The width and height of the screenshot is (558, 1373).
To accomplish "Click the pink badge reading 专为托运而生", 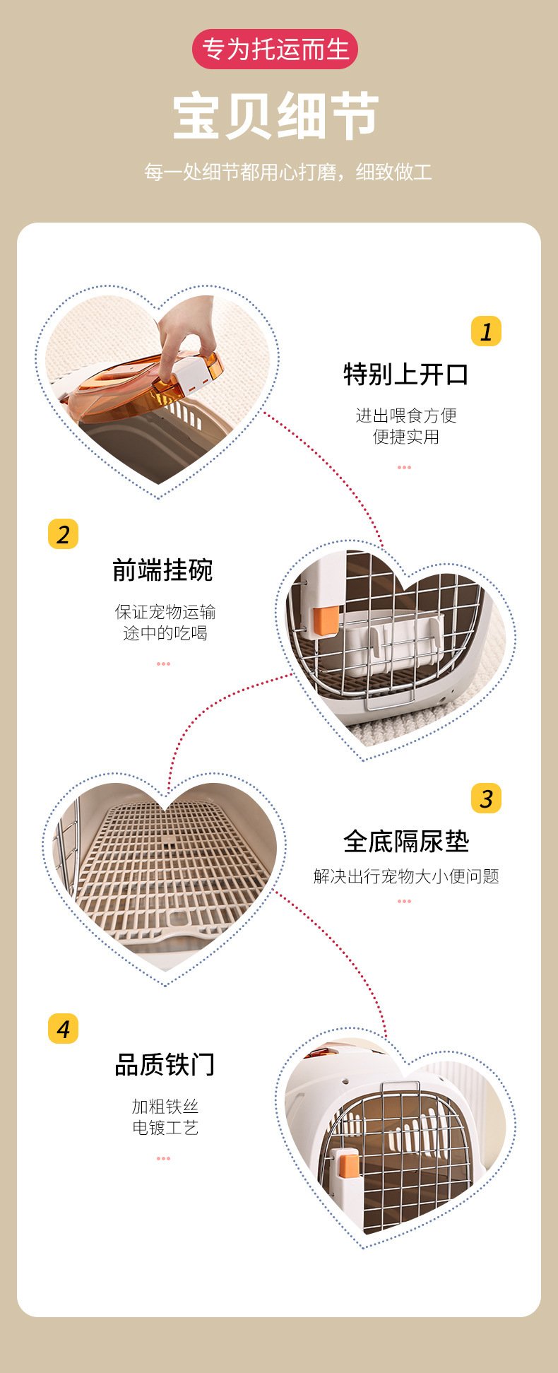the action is click(275, 49).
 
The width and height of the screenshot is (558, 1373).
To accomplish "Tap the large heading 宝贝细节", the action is click(276, 116).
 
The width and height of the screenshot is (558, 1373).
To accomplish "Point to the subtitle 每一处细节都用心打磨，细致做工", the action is click(287, 172).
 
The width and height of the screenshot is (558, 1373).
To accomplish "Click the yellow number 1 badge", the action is click(486, 331).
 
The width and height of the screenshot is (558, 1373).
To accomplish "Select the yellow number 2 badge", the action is click(63, 534).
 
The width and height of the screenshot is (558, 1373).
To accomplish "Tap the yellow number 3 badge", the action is click(486, 798).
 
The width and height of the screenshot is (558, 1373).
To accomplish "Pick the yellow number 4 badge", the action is click(63, 1028).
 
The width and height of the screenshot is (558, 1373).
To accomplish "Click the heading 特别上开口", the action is click(406, 375).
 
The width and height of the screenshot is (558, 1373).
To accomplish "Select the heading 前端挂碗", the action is click(163, 570).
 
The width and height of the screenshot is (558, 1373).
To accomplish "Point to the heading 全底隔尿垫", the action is click(406, 841).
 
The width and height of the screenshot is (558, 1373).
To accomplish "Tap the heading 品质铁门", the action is click(165, 1064).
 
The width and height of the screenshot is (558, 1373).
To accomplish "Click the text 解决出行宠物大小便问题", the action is click(406, 876).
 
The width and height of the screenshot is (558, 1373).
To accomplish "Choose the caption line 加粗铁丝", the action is click(165, 1107).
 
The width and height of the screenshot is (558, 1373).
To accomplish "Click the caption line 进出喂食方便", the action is click(406, 416).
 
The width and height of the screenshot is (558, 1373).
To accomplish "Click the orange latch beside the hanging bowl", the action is click(326, 620).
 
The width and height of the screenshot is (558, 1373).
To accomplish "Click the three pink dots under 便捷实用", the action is click(404, 467).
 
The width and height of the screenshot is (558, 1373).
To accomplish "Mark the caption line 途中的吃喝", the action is click(165, 633).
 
